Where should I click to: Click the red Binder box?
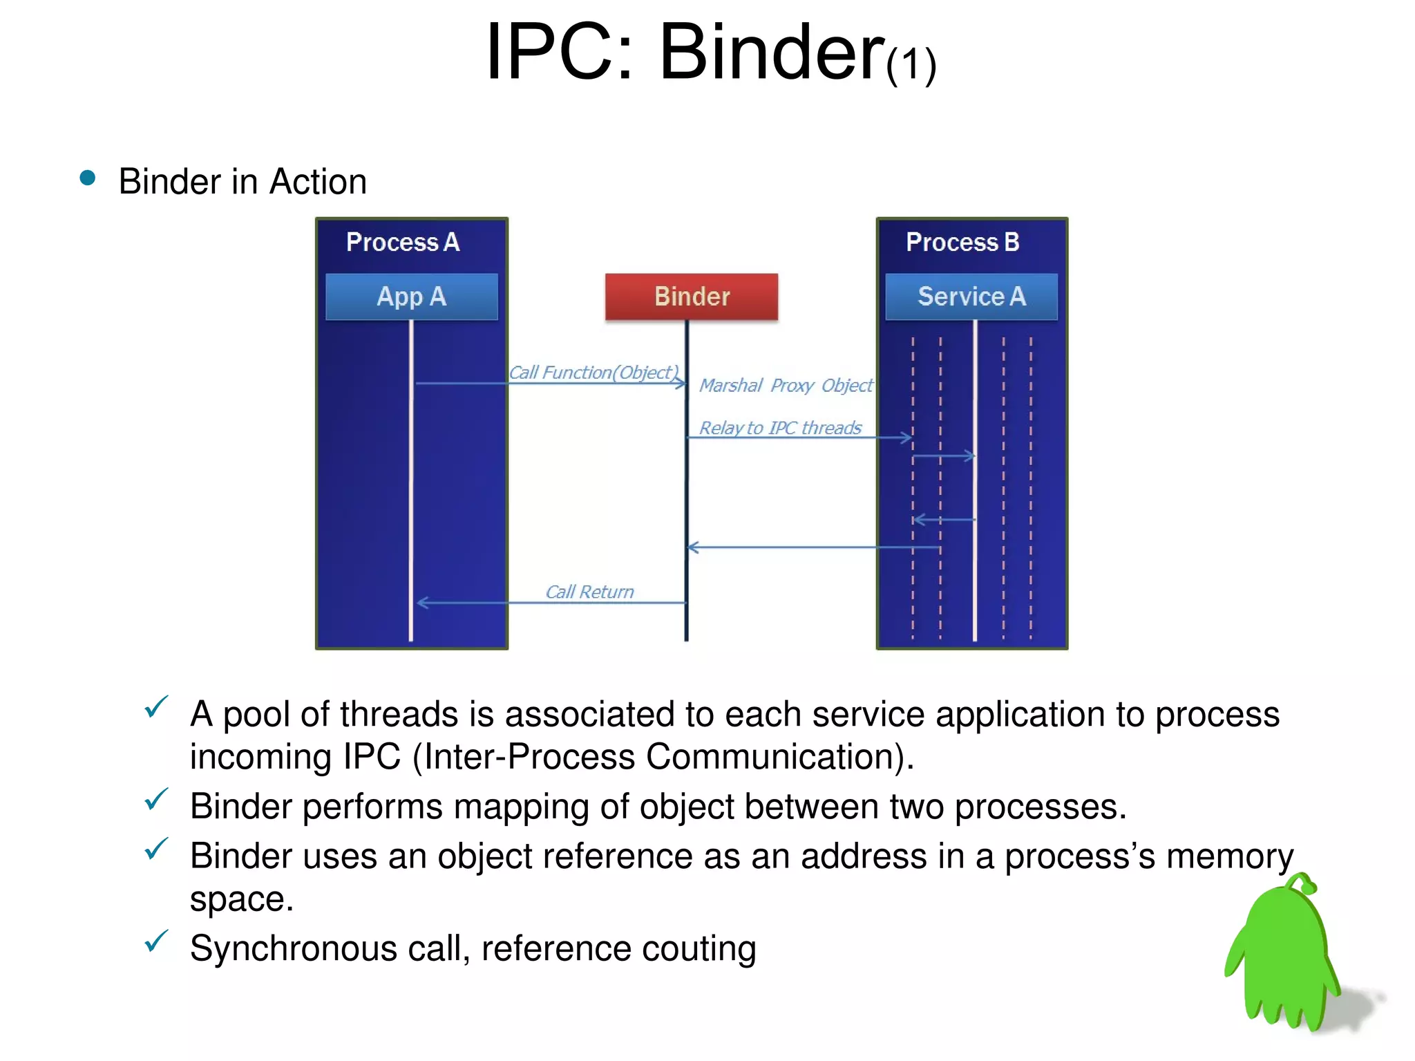[x=691, y=297]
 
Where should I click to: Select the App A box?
[x=411, y=297]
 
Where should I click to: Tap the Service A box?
[x=971, y=297]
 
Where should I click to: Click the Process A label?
[x=403, y=243]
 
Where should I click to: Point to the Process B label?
[x=962, y=243]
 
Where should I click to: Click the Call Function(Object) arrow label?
[x=593, y=373]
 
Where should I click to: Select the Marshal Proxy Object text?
[x=786, y=385]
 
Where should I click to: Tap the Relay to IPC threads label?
[x=780, y=428]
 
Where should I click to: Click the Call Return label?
[x=589, y=592]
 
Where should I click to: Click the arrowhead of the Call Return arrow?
[x=421, y=603]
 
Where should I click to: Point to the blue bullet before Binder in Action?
[x=88, y=178]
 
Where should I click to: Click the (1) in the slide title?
[x=911, y=66]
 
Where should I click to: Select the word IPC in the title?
[x=558, y=52]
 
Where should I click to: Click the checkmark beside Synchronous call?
[x=156, y=941]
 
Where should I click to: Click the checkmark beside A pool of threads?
[x=156, y=706]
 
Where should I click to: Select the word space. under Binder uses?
[x=242, y=900]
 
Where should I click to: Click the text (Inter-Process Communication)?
[x=663, y=757]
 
